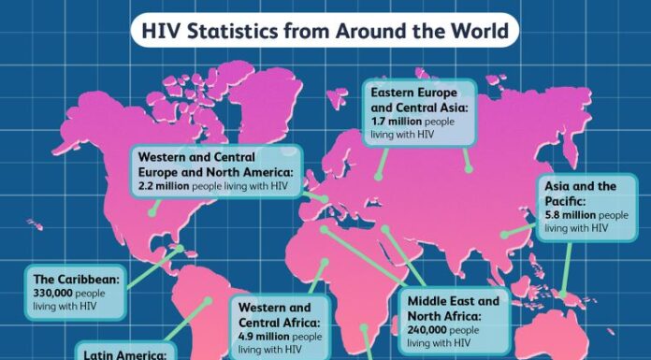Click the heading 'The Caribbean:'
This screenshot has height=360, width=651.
75,279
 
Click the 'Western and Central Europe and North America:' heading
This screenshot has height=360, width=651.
216,165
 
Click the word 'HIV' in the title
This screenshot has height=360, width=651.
159,32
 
